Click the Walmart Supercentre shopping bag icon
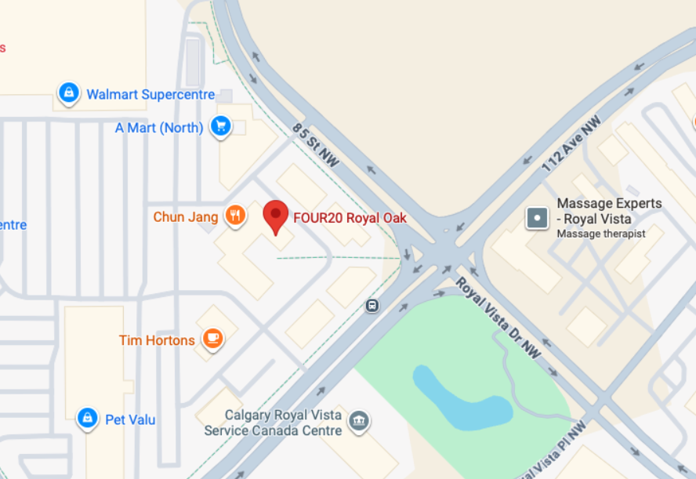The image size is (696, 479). [69, 93]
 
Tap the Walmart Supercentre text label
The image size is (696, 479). [150, 94]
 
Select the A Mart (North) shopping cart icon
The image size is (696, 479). [221, 126]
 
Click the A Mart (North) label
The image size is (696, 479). [159, 127]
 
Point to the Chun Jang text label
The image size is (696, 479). [186, 217]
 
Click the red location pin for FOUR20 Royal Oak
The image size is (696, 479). [275, 216]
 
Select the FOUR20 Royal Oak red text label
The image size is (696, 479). [350, 218]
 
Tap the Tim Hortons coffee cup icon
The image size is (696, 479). [211, 339]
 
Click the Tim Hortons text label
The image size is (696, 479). [157, 340]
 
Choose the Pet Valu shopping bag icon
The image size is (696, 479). [88, 419]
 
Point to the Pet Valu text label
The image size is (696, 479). [130, 420]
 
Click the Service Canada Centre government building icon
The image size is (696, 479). [359, 420]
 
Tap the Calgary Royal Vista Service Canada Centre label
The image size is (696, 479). [273, 423]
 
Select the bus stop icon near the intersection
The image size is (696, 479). [372, 306]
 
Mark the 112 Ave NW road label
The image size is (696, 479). [571, 143]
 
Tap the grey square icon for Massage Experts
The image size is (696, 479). [538, 217]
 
